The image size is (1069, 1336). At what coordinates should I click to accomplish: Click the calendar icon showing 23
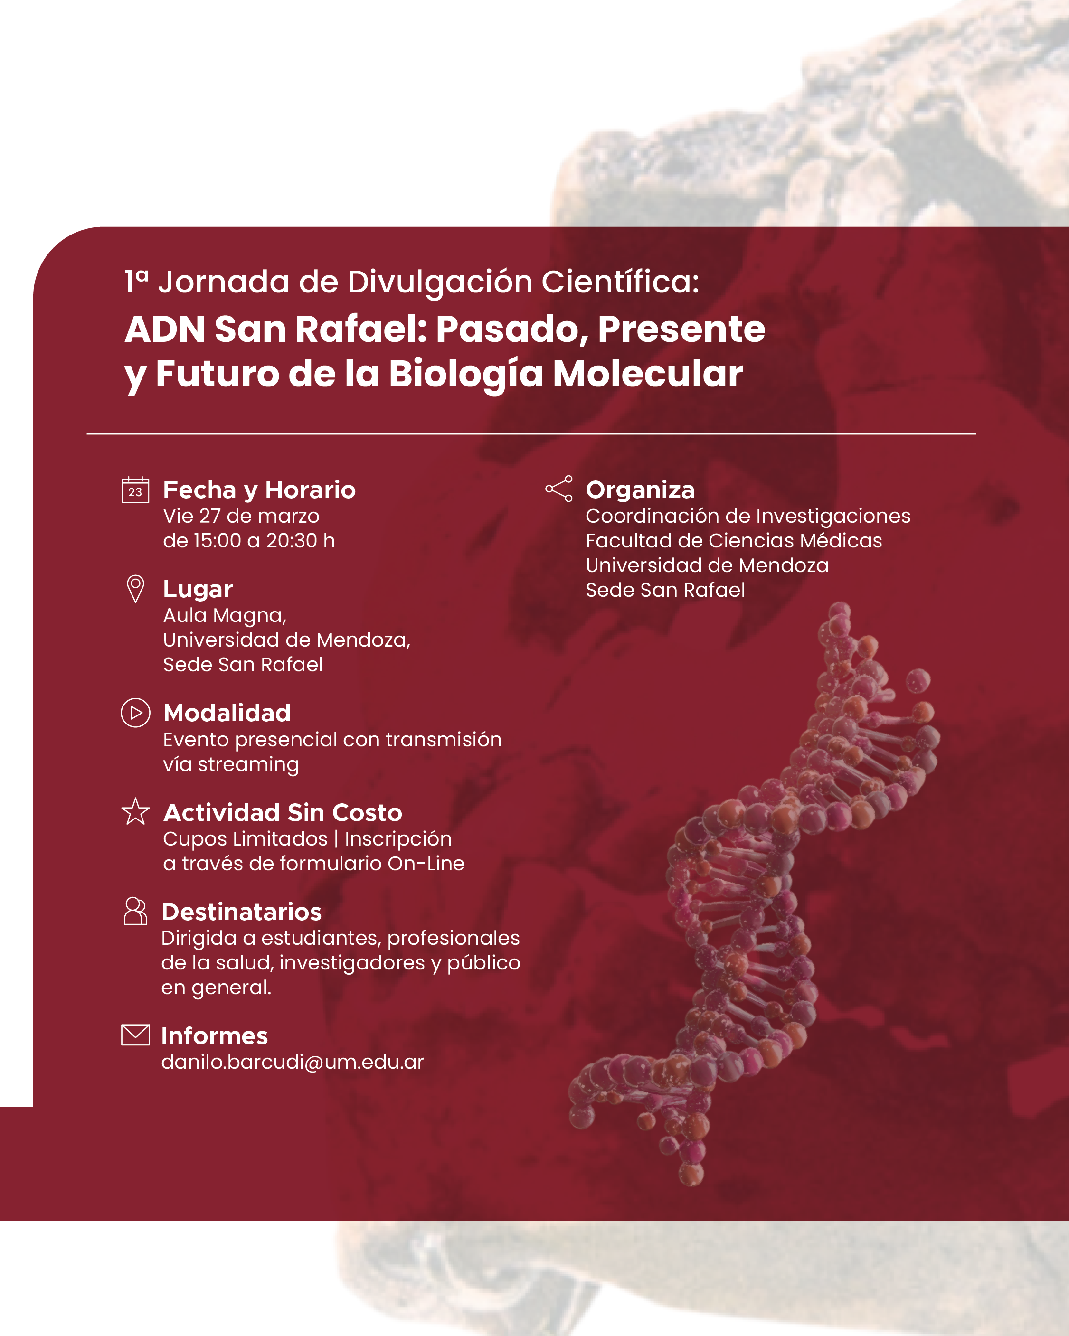click(x=135, y=489)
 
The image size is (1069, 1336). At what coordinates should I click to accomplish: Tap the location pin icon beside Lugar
click(x=135, y=589)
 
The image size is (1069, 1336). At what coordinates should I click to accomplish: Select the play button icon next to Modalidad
click(x=135, y=713)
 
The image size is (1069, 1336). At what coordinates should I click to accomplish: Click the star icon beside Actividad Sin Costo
click(x=135, y=811)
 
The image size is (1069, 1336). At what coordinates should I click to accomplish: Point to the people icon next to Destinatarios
click(x=135, y=911)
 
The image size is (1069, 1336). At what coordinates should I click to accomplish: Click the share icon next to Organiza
click(x=558, y=489)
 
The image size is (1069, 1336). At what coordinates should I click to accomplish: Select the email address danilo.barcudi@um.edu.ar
click(x=293, y=1062)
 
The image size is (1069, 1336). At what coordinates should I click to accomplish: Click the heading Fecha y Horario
click(x=259, y=490)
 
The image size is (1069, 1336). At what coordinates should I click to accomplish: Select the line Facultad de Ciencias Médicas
click(x=734, y=540)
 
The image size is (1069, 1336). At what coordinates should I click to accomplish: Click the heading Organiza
click(x=640, y=490)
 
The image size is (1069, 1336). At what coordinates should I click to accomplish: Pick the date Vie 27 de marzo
click(x=241, y=516)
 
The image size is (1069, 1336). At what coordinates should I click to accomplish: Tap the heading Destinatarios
click(x=242, y=912)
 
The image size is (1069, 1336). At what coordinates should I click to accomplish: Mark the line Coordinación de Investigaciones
click(x=748, y=516)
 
